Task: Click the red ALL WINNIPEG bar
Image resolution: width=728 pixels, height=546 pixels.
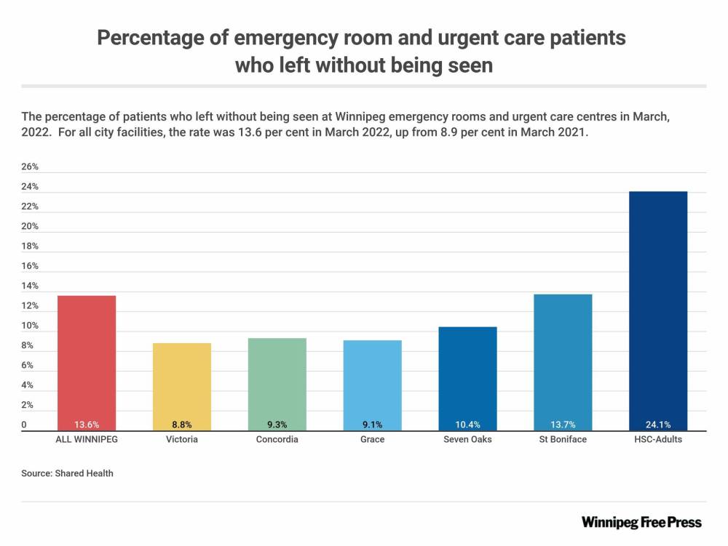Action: coord(87,363)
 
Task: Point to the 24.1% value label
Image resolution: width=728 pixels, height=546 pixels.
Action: coord(658,425)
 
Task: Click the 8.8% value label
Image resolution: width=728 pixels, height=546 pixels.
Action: coord(182,425)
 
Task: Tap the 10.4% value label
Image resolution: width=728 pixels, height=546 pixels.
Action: coord(467,425)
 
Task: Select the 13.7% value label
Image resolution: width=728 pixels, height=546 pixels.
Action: coord(563,425)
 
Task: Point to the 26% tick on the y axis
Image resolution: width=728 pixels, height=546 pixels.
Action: coord(30,166)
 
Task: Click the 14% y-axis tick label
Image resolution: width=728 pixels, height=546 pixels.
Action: coord(30,286)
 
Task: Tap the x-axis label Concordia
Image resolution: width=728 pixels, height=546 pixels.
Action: coord(277,440)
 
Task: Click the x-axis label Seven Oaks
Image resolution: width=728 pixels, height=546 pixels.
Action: coord(467,440)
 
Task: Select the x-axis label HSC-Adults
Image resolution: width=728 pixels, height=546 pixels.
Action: coord(658,440)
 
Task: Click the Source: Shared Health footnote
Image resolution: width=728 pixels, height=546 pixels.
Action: coord(68,473)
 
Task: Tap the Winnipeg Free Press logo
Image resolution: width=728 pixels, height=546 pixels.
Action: coord(641,522)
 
